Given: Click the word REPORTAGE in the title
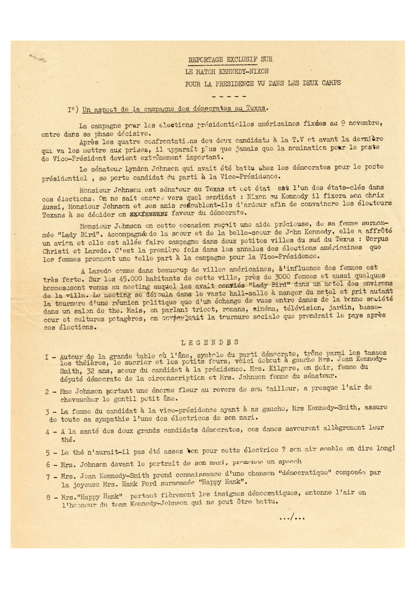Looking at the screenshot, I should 206,59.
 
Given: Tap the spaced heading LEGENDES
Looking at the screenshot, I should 209,343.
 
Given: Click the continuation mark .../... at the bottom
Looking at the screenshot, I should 292,518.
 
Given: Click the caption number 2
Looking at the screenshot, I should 47,392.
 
